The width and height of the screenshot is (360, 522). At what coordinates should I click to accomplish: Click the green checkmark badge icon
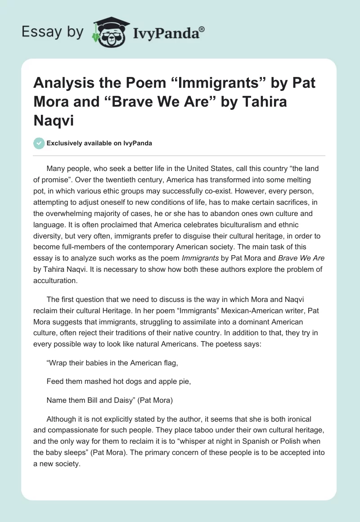click(39, 143)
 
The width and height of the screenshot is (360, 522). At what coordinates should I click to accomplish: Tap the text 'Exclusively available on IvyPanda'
click(99, 143)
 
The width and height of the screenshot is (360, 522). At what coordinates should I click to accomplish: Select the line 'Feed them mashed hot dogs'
click(119, 382)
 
